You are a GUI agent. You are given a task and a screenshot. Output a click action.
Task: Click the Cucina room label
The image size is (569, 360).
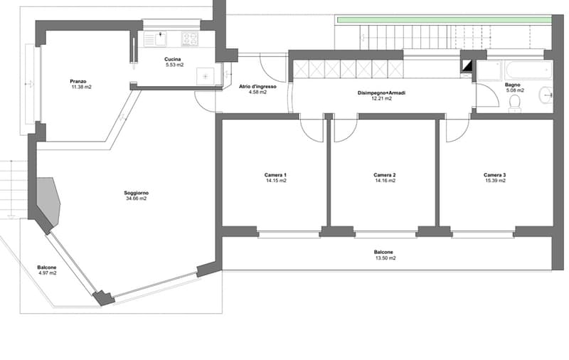click(x=172, y=59)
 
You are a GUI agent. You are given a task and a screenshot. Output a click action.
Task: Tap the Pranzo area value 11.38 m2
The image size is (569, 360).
click(x=82, y=87)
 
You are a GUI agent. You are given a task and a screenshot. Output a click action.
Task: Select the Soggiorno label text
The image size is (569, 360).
click(x=136, y=193)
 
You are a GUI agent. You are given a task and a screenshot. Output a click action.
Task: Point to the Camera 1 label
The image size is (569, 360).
click(x=275, y=175)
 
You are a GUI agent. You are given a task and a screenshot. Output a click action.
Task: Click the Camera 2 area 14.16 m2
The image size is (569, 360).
click(x=385, y=181)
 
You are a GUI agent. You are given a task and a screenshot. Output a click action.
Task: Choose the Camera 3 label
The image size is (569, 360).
click(x=494, y=175)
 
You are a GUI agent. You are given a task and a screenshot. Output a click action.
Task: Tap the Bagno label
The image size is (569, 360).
click(x=512, y=85)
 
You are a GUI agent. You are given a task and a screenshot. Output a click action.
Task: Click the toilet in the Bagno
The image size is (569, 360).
click(x=514, y=102)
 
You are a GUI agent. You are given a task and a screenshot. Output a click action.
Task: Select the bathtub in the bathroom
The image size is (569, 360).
click(x=528, y=70)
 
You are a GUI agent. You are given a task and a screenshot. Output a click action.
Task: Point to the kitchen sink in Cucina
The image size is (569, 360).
click(x=155, y=39)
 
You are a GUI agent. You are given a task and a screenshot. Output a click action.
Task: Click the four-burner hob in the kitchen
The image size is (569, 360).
click(x=190, y=39)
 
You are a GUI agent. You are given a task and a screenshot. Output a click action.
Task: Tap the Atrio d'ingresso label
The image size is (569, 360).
click(x=257, y=87)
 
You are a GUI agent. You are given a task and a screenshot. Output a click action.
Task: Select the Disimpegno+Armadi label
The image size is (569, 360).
click(x=381, y=93)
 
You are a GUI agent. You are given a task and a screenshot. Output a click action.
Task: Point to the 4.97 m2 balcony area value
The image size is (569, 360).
click(x=48, y=273)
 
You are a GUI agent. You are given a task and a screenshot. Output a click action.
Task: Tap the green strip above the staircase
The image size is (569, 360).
click(x=444, y=20)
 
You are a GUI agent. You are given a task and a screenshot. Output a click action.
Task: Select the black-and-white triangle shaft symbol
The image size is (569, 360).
click(x=467, y=65)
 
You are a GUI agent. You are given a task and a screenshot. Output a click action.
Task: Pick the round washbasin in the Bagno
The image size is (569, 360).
click(x=546, y=95)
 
